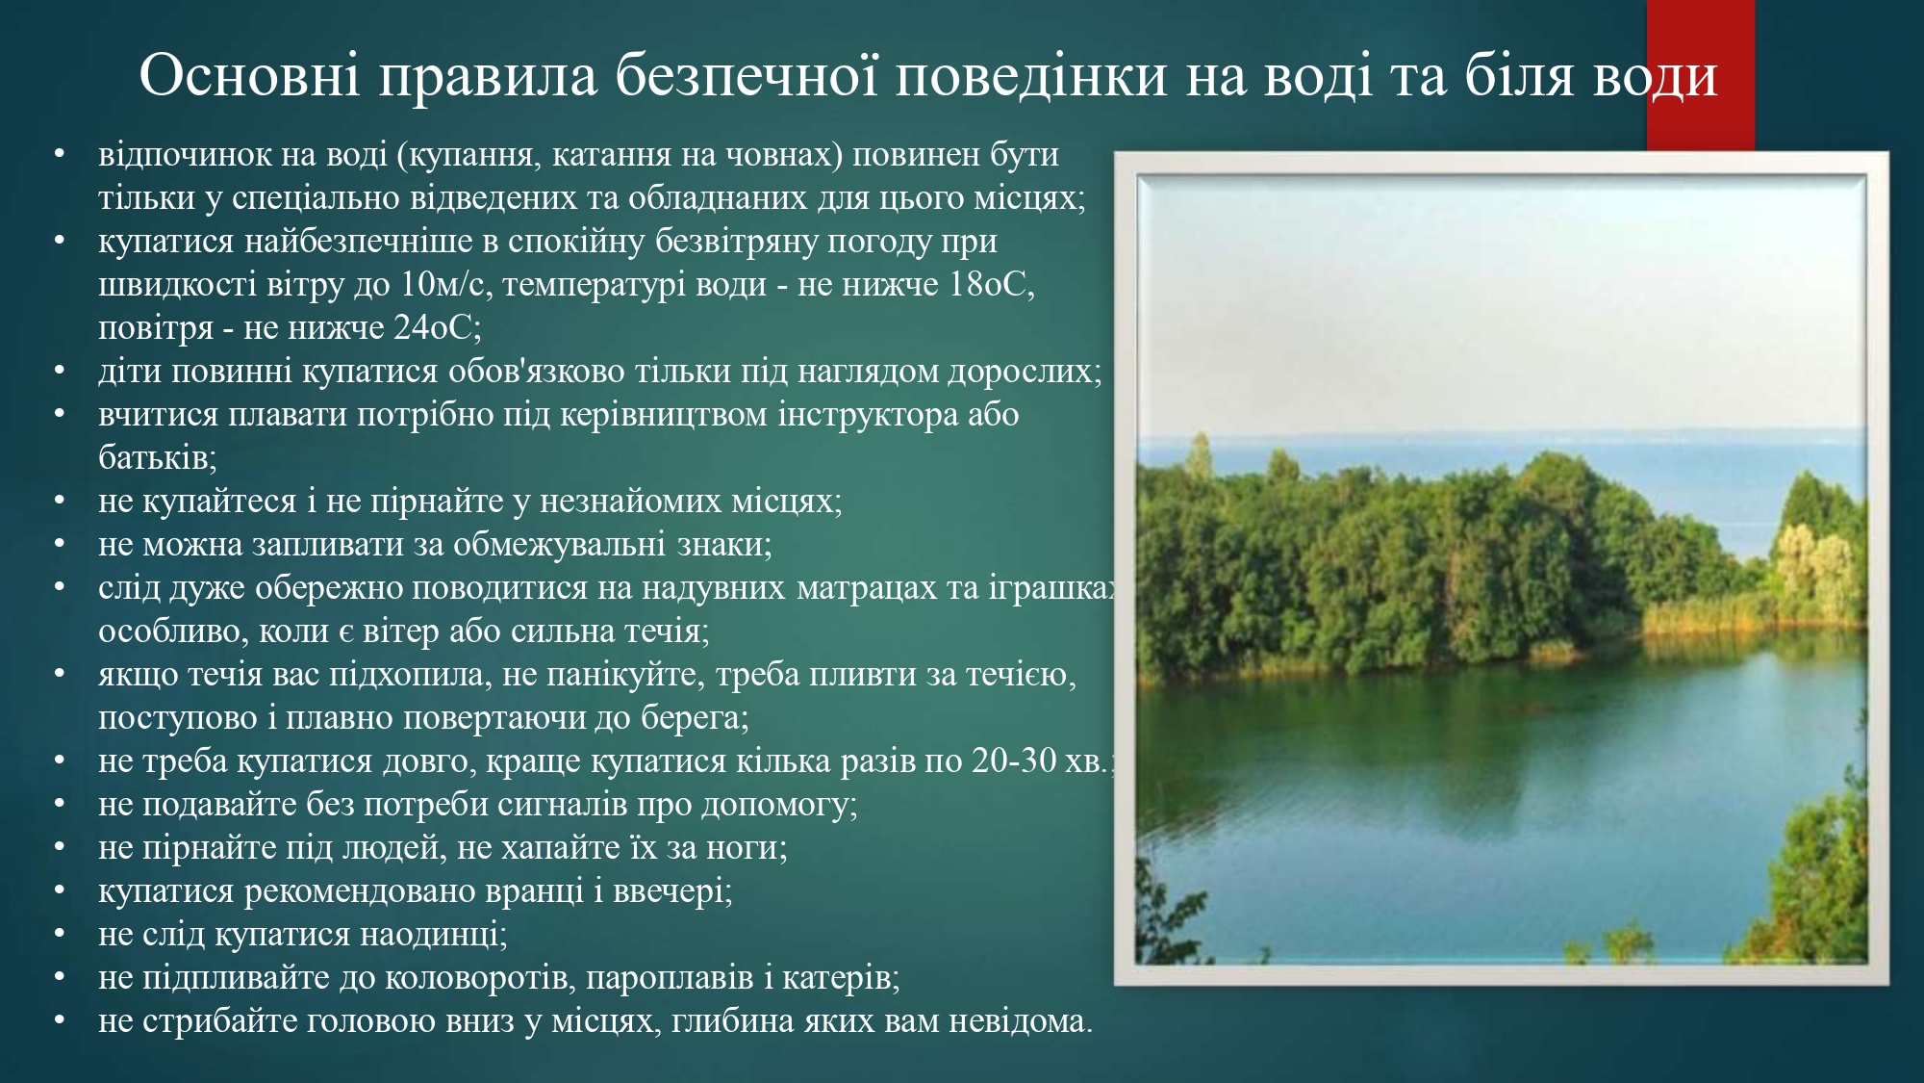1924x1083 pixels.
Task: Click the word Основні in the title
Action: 250,74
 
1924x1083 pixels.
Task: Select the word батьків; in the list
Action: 158,457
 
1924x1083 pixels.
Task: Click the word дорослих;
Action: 1025,371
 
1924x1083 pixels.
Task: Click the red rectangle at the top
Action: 1701,75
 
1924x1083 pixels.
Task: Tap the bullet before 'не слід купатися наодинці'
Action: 60,935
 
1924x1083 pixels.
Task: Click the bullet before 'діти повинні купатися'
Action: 60,372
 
